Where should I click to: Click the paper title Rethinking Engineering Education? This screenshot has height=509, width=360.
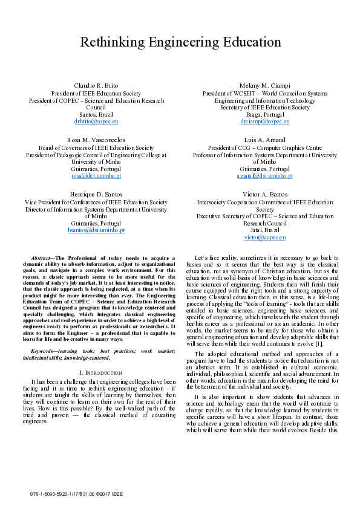[180, 42]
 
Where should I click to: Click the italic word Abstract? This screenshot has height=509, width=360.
[41, 258]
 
